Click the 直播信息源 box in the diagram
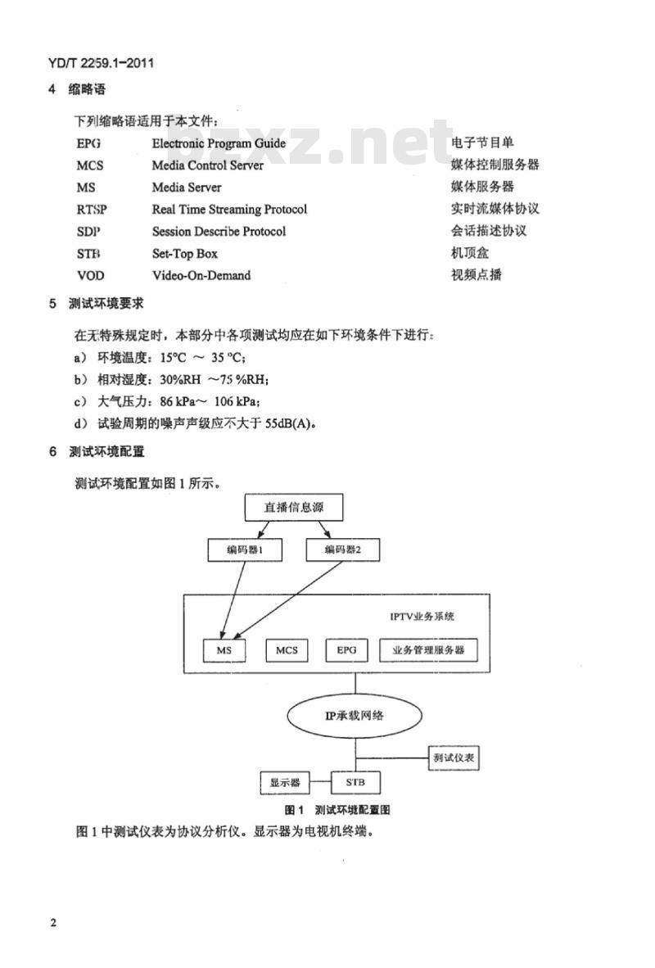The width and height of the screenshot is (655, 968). point(293,508)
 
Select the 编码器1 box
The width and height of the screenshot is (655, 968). point(243,550)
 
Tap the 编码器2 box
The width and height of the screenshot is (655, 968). point(341,550)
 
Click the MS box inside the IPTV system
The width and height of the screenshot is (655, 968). point(224,650)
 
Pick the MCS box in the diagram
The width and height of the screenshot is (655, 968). point(287,650)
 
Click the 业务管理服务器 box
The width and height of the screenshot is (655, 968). point(428,650)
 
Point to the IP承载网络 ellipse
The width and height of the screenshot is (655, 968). point(355,715)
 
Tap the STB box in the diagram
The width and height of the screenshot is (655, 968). point(356,782)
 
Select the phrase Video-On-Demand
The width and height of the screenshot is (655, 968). point(201,276)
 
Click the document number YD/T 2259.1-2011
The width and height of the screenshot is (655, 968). point(102,63)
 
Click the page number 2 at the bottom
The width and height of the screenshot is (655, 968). point(53,923)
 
